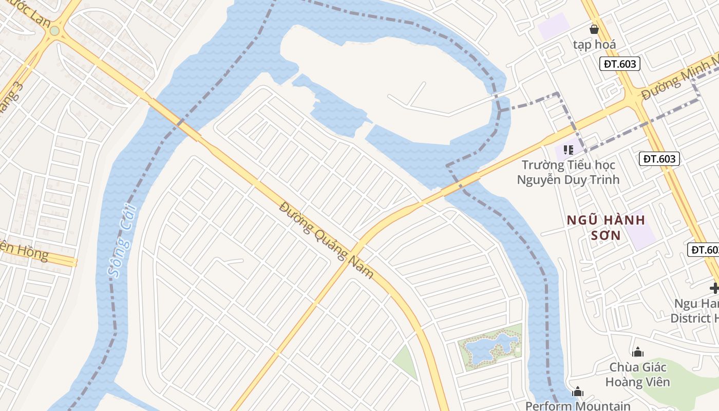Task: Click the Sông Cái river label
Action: coord(122,240)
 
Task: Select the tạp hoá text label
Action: coord(594,45)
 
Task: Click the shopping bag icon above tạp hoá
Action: coord(594,29)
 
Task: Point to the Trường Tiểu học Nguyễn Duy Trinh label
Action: coord(568,172)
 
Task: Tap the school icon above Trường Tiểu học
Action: coord(568,150)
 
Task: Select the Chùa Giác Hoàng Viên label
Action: coord(638,375)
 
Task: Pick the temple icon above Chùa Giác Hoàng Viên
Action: coord(638,352)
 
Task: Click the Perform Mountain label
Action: coord(578,406)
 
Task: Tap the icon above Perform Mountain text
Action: coord(578,392)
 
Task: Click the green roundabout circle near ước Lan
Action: coord(54,31)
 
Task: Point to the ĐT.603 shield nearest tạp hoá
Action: coord(620,64)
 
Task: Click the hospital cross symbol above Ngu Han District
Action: coord(714,288)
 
